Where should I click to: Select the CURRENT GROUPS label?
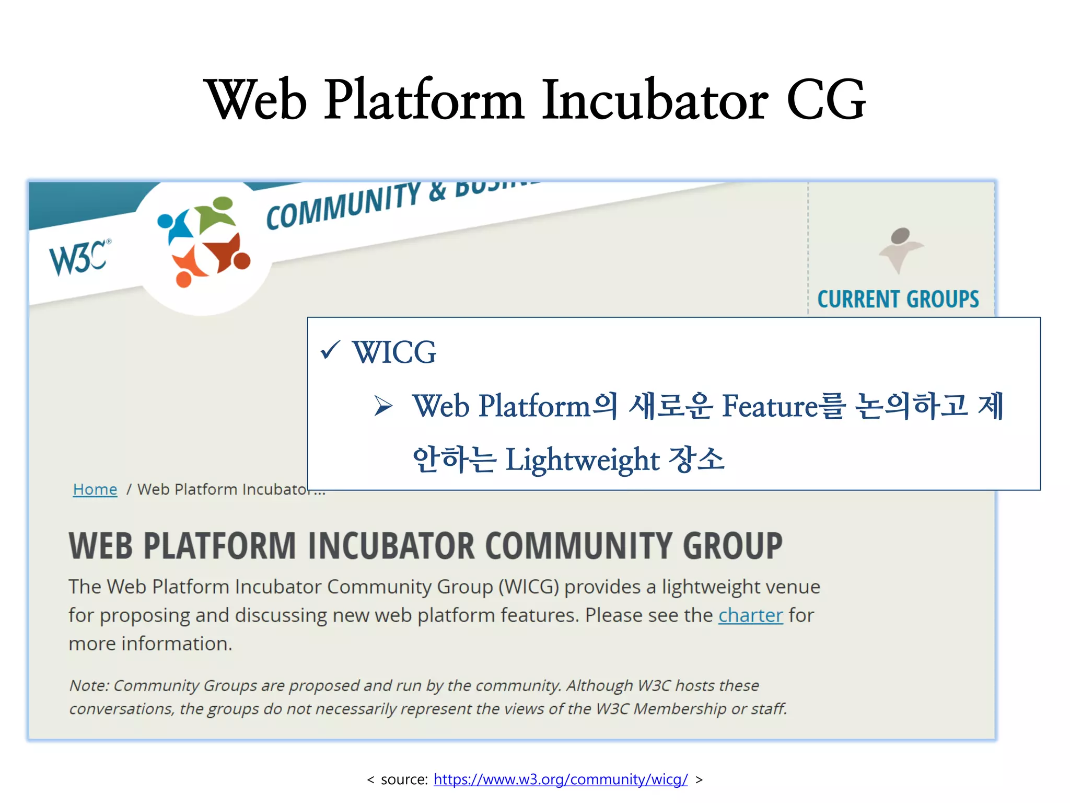pos(898,300)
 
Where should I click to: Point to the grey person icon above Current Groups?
pos(900,248)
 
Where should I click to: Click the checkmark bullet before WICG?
pos(330,350)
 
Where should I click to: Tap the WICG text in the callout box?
pos(394,352)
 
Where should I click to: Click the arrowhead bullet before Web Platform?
pos(383,406)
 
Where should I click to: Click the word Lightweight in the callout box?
pos(583,460)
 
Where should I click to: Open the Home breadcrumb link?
pos(95,489)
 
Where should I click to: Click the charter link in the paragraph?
pos(750,615)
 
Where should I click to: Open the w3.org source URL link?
pos(561,779)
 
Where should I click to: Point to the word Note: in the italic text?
pos(89,685)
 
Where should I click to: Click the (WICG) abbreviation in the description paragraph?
pos(529,587)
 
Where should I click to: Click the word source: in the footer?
pos(404,779)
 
